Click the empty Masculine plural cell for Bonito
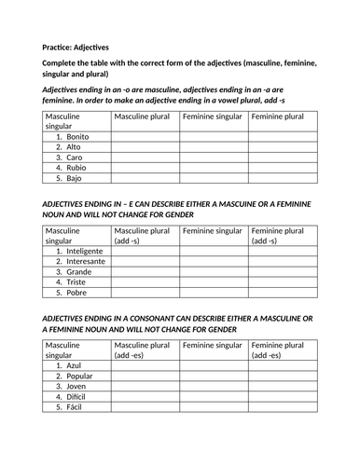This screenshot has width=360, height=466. click(x=145, y=136)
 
